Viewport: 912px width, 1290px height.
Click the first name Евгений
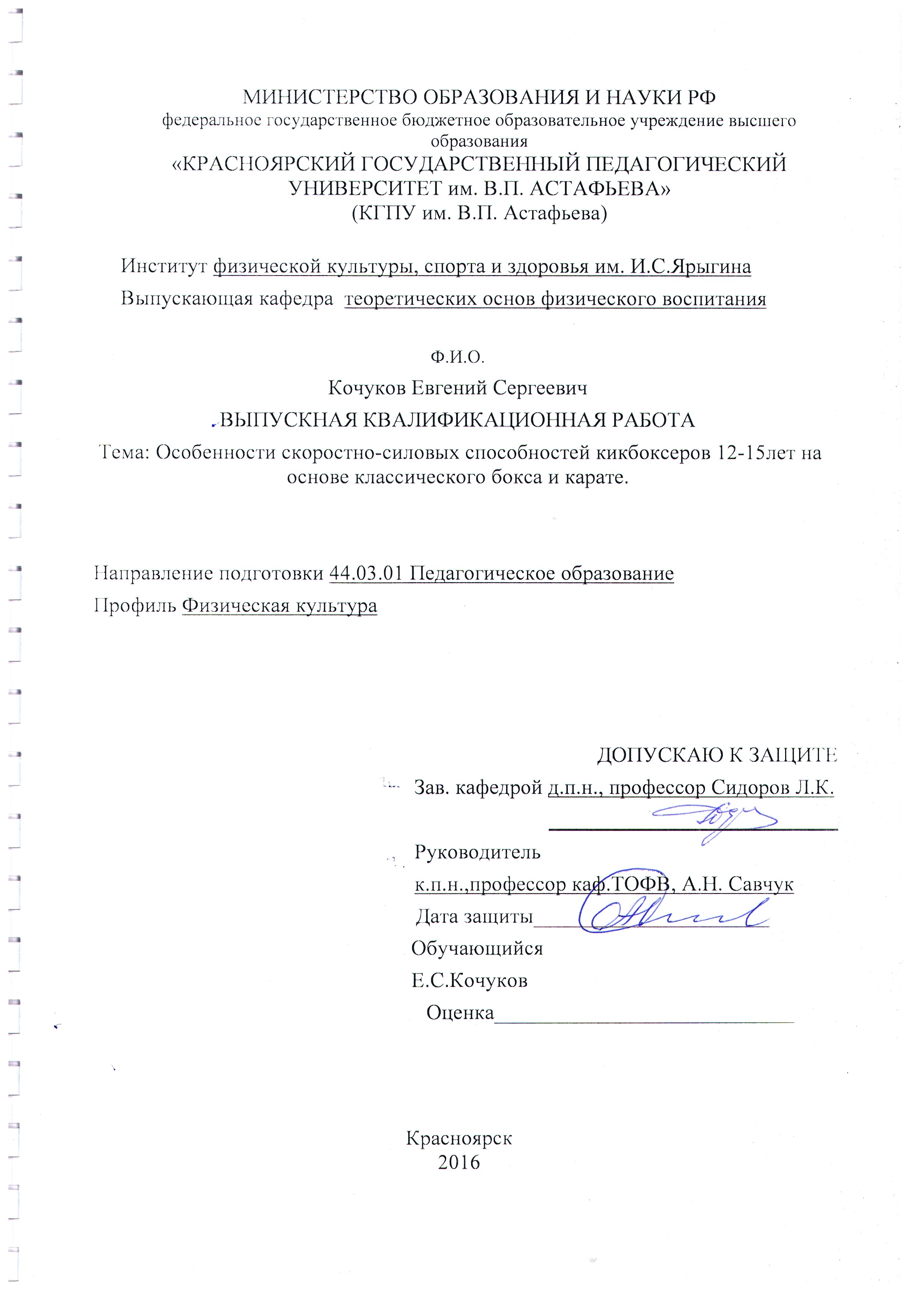(448, 388)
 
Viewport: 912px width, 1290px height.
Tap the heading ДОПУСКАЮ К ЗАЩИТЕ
(717, 756)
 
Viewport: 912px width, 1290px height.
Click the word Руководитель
(477, 852)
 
